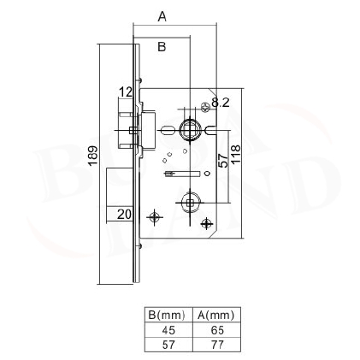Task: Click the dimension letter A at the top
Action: click(x=162, y=16)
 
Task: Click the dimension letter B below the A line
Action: click(x=162, y=46)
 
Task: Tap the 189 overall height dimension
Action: click(x=93, y=156)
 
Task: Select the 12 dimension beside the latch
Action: click(x=126, y=92)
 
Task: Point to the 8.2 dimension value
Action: click(x=221, y=103)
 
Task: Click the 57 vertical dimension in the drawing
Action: click(x=223, y=160)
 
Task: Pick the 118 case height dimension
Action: click(x=236, y=154)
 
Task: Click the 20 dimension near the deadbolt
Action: click(x=124, y=214)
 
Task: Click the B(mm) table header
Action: click(x=167, y=315)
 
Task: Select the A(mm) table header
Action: click(x=216, y=315)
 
